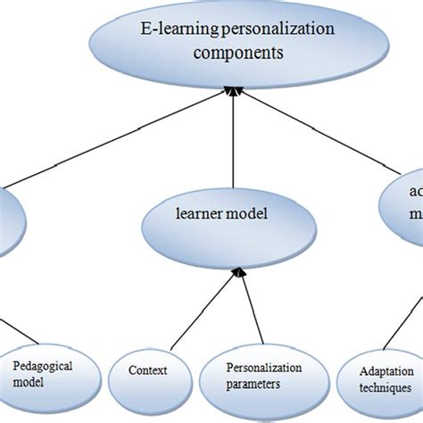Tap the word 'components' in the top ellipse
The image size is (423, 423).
(x=233, y=53)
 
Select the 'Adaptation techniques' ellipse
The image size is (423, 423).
(x=380, y=380)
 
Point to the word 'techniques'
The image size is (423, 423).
(x=383, y=389)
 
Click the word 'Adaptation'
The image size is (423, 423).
(x=385, y=372)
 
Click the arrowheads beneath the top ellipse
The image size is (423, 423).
(x=232, y=89)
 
